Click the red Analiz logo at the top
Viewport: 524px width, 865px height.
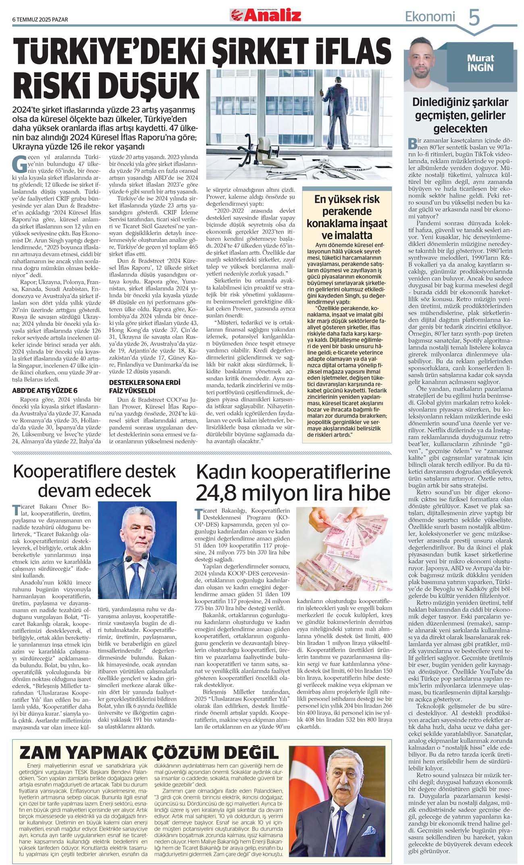coord(266,15)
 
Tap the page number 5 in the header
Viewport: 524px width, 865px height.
coord(474,17)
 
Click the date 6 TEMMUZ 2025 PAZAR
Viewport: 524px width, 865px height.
coord(40,19)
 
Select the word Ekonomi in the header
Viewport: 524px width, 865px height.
coord(430,17)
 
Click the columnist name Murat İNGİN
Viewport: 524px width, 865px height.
coord(480,63)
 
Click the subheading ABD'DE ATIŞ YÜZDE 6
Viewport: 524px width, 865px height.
coord(45,390)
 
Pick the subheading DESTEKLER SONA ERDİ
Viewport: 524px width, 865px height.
coord(145,382)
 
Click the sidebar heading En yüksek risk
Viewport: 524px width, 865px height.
coord(347,199)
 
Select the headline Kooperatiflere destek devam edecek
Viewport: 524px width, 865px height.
coord(95,481)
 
